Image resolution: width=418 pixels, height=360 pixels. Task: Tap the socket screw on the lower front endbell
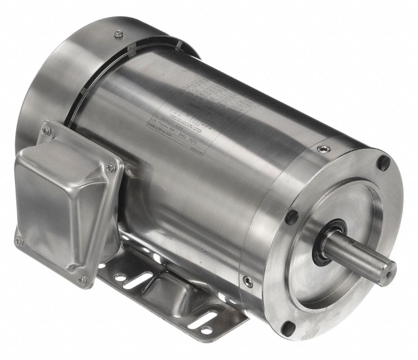(x=248, y=282)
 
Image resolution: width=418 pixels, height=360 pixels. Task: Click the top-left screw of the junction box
(x=45, y=130)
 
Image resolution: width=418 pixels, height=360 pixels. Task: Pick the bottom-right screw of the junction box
(x=82, y=280)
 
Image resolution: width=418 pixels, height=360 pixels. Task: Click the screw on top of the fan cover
(x=118, y=32)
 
